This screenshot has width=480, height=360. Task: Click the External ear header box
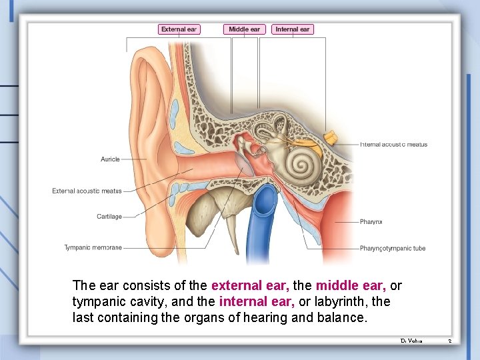click(179, 29)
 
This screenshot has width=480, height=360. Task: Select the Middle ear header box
click(245, 29)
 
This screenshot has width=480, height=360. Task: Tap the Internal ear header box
click(293, 29)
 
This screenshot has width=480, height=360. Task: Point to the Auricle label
click(110, 159)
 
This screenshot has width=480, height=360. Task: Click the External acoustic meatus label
click(87, 191)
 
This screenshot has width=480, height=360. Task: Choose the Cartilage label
click(109, 216)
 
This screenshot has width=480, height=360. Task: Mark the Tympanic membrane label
click(93, 248)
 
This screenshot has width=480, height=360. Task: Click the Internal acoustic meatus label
click(393, 144)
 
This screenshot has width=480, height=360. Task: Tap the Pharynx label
click(371, 221)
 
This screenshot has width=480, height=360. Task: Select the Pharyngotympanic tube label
click(392, 249)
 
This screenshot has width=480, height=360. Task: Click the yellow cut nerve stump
click(329, 138)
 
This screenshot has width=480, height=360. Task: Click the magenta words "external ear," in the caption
click(250, 286)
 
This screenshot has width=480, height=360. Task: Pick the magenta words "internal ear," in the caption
click(251, 302)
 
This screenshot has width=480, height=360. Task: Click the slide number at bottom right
click(449, 341)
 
